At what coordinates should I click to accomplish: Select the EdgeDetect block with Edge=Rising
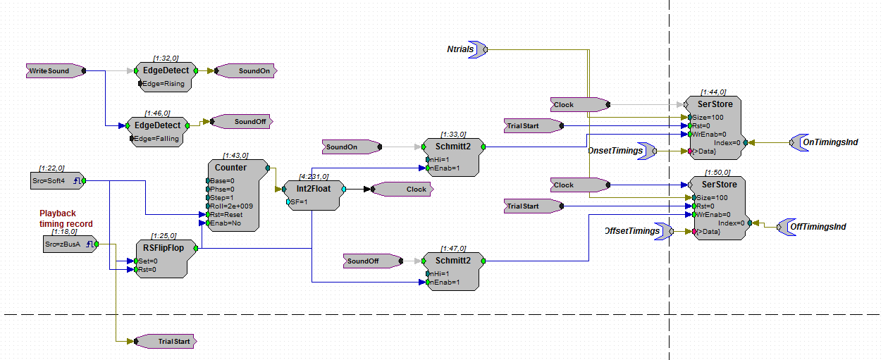[166, 76]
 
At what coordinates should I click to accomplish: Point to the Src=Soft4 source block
[57, 181]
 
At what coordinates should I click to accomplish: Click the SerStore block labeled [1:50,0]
[718, 208]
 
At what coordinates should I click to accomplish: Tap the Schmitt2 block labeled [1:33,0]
[452, 156]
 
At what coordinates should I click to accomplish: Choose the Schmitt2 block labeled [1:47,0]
[452, 271]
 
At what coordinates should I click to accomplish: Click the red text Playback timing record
[65, 218]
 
